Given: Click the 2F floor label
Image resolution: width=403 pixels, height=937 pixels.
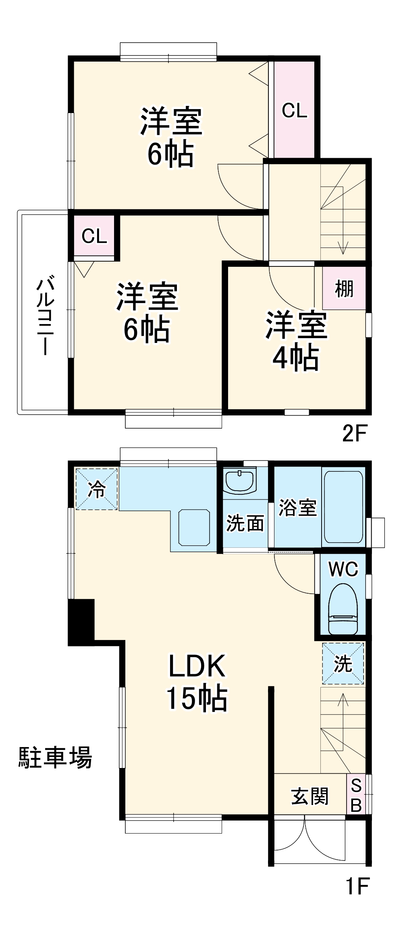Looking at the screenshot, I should [354, 433].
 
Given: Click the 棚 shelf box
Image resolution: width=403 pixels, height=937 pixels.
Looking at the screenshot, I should [344, 288].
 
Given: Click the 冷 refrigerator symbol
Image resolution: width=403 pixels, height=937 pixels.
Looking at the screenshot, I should [97, 489].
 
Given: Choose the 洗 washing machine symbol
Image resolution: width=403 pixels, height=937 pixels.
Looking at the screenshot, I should [343, 664].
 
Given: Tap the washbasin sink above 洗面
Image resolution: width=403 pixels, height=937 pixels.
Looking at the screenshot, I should [240, 481].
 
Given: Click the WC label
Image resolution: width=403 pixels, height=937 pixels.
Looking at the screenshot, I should [343, 569].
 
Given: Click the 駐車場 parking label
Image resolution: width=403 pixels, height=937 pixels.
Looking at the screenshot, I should [55, 757].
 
